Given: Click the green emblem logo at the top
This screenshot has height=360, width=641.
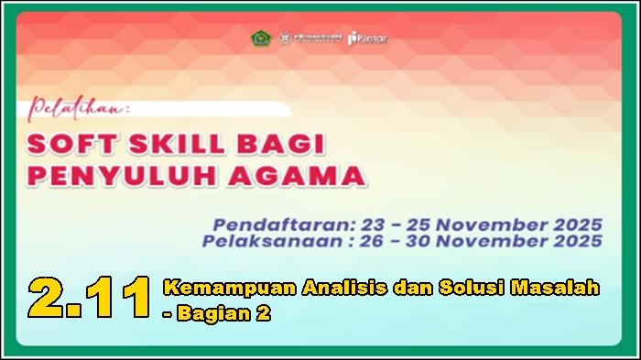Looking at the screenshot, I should coord(261,38).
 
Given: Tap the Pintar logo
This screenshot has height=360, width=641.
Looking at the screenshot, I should coord(369,38).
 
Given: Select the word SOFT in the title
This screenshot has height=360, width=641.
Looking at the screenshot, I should coord(67,145).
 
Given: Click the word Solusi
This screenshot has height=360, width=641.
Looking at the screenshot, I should coord(461,289).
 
